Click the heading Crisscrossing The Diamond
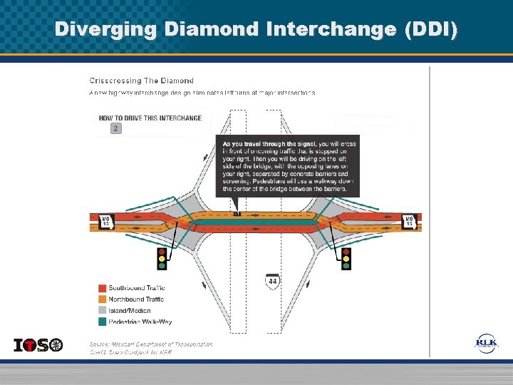point(141,81)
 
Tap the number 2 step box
point(115,128)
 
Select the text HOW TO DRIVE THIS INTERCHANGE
point(150,118)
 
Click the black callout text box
point(287,165)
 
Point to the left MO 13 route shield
point(105,222)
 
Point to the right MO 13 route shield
point(410,222)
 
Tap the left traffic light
point(162,258)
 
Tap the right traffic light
point(346,258)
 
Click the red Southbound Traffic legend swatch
point(103,288)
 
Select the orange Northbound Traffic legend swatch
point(103,299)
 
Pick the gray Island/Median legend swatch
point(103,311)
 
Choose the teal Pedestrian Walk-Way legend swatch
point(103,322)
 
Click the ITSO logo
point(38,345)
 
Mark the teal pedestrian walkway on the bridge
point(256,222)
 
